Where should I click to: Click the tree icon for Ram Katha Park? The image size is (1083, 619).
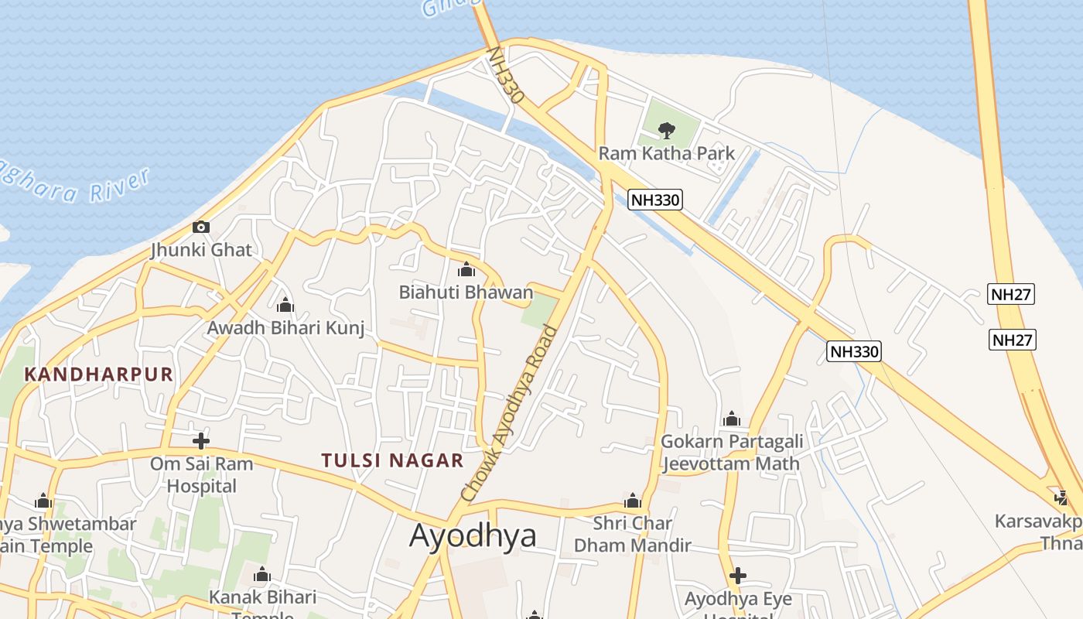click(665, 130)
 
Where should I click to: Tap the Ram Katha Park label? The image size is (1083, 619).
click(666, 153)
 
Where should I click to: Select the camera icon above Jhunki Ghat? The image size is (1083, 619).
click(201, 227)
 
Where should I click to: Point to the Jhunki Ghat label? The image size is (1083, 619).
click(201, 250)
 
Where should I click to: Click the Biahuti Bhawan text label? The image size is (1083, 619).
click(466, 292)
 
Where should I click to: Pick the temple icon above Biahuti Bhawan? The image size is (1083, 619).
click(466, 270)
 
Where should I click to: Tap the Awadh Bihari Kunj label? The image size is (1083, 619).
click(285, 328)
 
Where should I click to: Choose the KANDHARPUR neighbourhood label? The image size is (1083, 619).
click(98, 374)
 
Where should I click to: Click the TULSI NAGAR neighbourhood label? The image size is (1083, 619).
click(392, 460)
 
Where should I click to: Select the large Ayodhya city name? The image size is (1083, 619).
click(473, 535)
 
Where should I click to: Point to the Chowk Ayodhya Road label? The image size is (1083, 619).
click(509, 412)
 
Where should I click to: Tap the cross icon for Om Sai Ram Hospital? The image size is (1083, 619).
click(201, 441)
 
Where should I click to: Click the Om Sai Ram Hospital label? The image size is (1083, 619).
click(201, 475)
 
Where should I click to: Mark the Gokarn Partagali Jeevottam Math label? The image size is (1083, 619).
click(731, 453)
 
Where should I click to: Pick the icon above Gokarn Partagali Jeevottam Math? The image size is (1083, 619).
click(731, 420)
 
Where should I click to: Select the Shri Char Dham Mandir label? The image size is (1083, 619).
click(632, 534)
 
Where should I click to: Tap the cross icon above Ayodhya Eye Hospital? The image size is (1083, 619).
click(738, 576)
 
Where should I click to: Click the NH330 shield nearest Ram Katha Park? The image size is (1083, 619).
click(654, 200)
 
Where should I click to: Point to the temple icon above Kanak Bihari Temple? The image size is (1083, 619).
click(262, 575)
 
